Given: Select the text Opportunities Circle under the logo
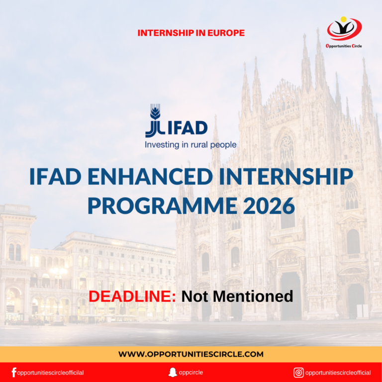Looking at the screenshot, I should pos(344,46).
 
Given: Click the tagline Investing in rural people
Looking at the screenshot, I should pos(191,145).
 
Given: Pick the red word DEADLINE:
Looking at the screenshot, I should pos(132,296).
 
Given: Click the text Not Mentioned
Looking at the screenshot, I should pos(237,296).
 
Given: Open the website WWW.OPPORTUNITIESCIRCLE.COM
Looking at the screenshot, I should pos(191,354).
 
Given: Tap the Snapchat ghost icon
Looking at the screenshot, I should pos(173,372).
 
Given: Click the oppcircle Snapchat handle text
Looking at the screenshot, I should pos(191,372).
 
